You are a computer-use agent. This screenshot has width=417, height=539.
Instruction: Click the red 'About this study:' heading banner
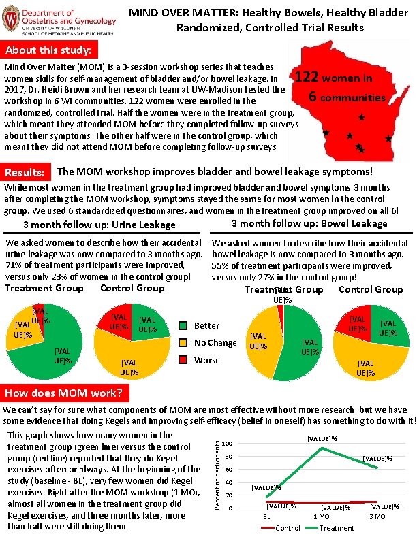click(50, 51)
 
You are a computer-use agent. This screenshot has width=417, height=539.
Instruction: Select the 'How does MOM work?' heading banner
click(63, 394)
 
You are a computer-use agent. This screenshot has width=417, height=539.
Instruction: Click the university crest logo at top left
click(12, 20)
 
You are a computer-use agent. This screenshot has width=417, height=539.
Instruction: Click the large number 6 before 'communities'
click(314, 97)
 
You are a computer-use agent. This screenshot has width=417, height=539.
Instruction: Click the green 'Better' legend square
click(184, 325)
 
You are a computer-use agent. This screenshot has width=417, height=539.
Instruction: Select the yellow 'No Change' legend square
click(184, 342)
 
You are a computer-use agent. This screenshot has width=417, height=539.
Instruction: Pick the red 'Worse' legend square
click(184, 359)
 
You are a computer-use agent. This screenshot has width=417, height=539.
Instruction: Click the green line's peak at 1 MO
click(321, 447)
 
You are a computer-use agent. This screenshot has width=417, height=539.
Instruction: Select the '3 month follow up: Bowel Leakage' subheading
click(309, 224)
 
